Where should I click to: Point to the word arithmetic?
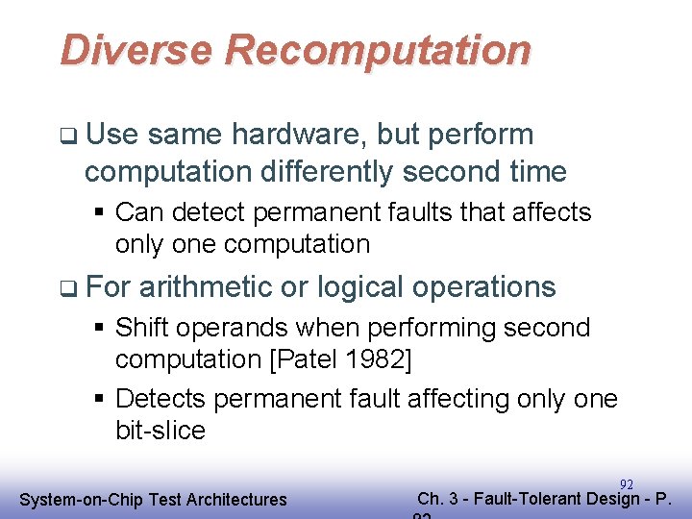click(204, 287)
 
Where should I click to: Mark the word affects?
click(547, 211)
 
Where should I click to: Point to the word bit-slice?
click(160, 431)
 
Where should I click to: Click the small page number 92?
click(627, 484)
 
